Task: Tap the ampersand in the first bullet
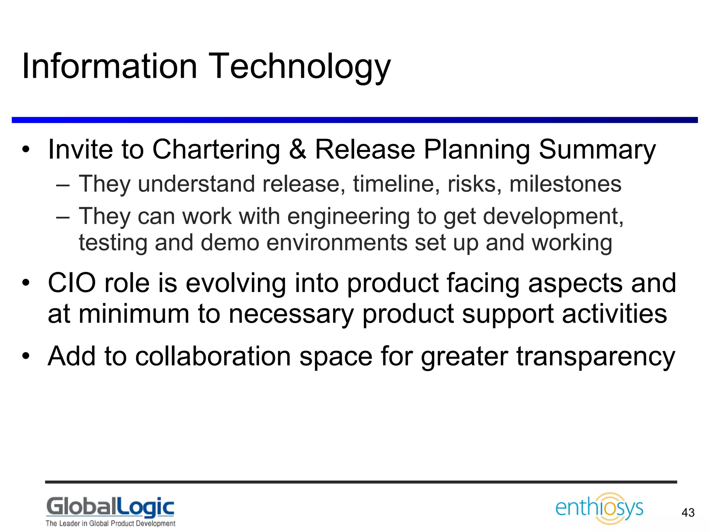tap(297, 150)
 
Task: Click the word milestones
tap(565, 184)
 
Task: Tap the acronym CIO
tap(72, 283)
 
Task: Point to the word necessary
tap(291, 314)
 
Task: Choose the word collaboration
tap(213, 356)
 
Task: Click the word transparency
tap(595, 357)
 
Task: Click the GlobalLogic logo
tap(110, 507)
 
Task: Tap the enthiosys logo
tap(599, 508)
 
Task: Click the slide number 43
tap(688, 513)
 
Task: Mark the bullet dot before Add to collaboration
tap(26, 356)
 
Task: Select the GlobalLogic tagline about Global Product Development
tap(110, 523)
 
